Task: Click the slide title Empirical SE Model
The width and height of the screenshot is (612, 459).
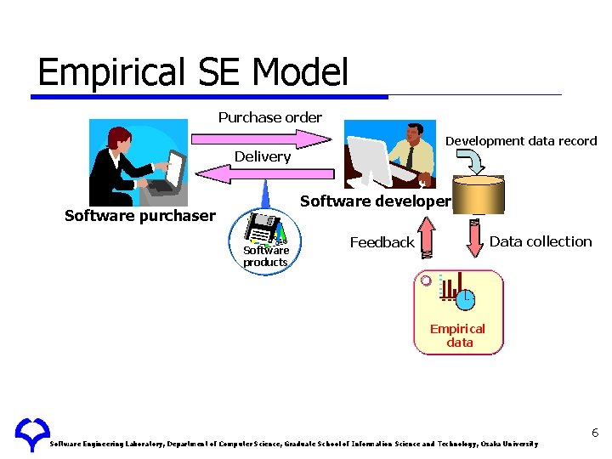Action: pos(193,72)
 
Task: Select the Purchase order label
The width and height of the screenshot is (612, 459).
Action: pos(269,117)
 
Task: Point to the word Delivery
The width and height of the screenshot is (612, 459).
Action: pos(263,156)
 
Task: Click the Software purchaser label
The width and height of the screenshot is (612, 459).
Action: pos(140,216)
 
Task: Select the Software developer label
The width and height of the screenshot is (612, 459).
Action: pos(375,201)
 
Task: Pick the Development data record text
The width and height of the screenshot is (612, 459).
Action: pos(521,141)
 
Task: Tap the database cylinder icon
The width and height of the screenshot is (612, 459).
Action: pos(478,194)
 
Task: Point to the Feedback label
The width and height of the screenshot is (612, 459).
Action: pos(382,243)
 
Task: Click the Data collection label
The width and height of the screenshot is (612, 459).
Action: pos(541,241)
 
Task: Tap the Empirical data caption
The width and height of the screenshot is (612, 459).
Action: pos(457,336)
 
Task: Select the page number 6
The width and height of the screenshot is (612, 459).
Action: pos(595,433)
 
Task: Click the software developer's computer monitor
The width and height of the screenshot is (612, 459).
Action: pos(366,160)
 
